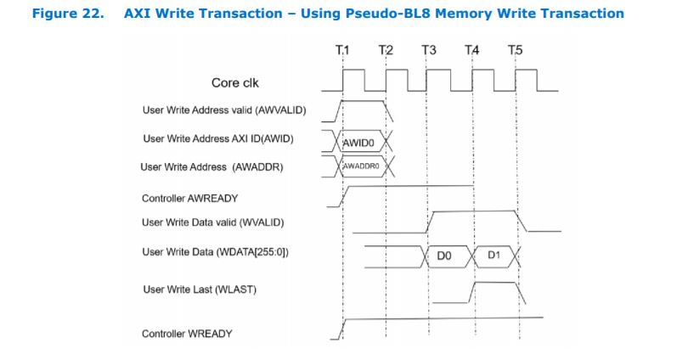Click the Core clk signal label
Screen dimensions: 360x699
[236, 83]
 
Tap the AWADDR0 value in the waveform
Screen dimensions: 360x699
[359, 166]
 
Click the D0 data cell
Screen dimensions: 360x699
[443, 255]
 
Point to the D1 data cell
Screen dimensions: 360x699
[494, 255]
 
